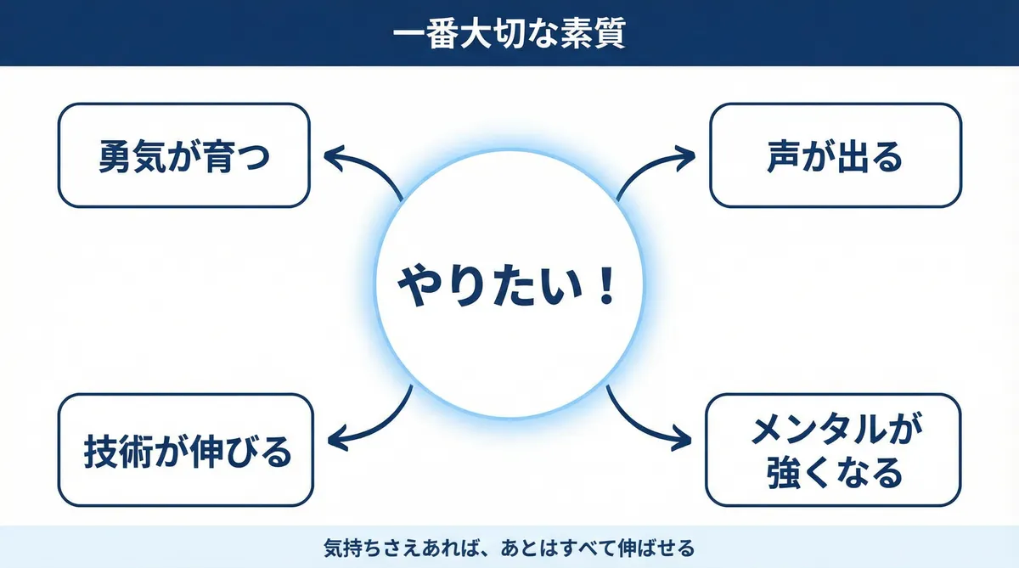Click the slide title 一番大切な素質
tap(509, 34)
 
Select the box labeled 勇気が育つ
tap(183, 156)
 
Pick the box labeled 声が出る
tap(835, 156)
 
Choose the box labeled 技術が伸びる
tap(183, 450)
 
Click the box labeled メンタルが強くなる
tap(835, 450)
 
